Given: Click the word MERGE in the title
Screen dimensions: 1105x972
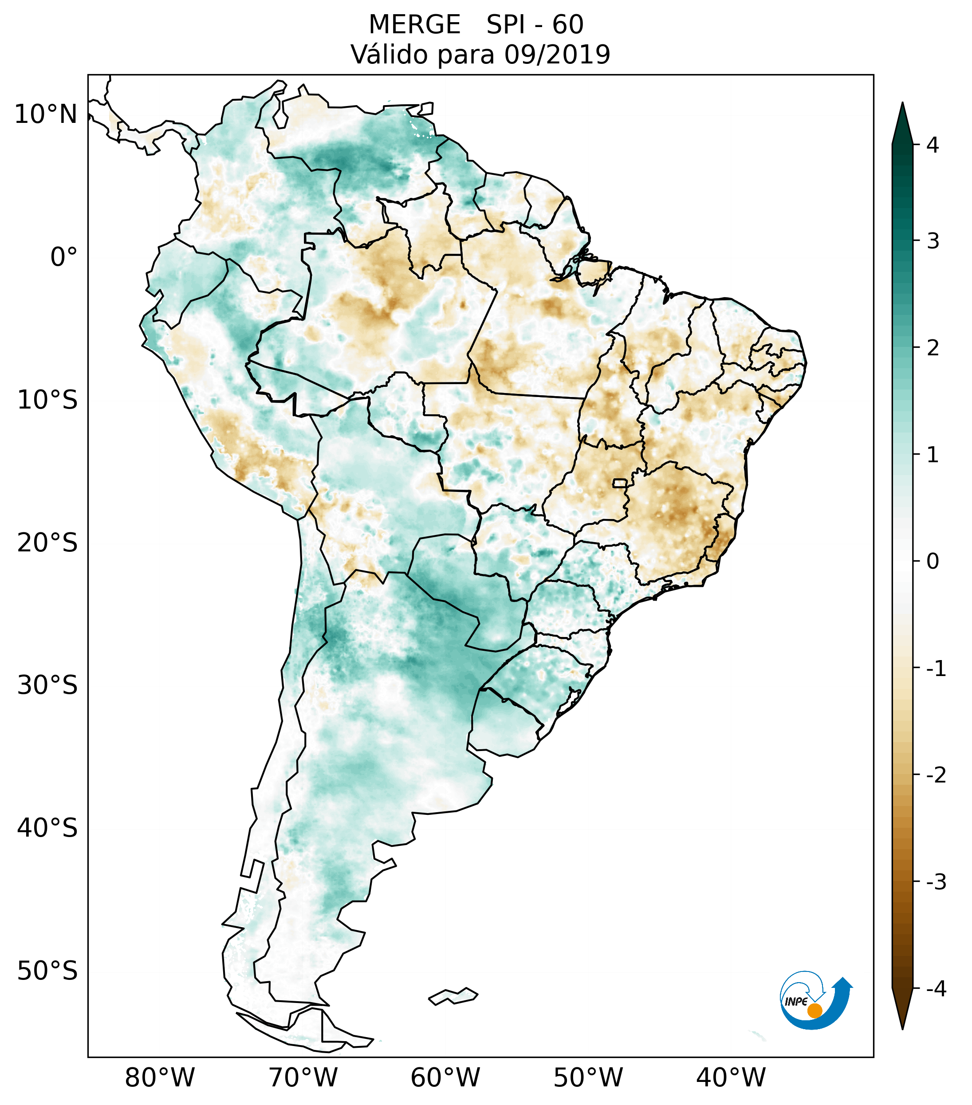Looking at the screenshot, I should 414,25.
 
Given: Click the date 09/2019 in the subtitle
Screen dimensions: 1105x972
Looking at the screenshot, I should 557,55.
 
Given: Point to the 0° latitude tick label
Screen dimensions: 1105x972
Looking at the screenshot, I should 64,257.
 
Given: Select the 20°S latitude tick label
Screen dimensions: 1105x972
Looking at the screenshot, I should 47,543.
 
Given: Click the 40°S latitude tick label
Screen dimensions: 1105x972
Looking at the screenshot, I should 47,828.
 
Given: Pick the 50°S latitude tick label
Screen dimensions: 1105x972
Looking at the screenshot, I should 47,971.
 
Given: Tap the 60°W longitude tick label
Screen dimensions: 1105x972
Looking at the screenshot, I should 445,1077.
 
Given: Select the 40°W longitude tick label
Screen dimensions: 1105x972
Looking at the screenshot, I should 731,1077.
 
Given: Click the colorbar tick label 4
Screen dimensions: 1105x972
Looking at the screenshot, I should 933,145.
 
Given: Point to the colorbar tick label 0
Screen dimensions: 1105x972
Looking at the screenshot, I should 933,562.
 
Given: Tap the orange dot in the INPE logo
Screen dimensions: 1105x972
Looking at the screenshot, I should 814,1011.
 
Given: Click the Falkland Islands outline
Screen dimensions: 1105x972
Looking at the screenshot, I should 453,996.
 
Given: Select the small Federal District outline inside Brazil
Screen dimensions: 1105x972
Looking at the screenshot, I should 620,482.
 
